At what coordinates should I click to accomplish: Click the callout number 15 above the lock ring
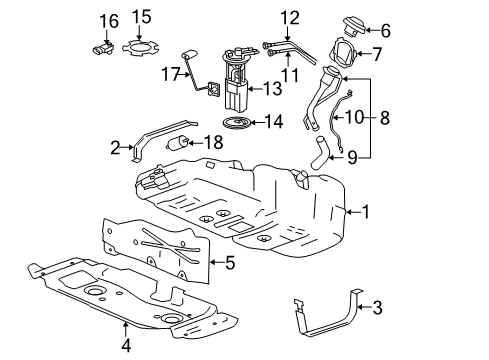tap(142, 17)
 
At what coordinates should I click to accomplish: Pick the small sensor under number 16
tap(103, 47)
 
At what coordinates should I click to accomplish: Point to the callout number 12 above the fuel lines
tap(290, 17)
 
